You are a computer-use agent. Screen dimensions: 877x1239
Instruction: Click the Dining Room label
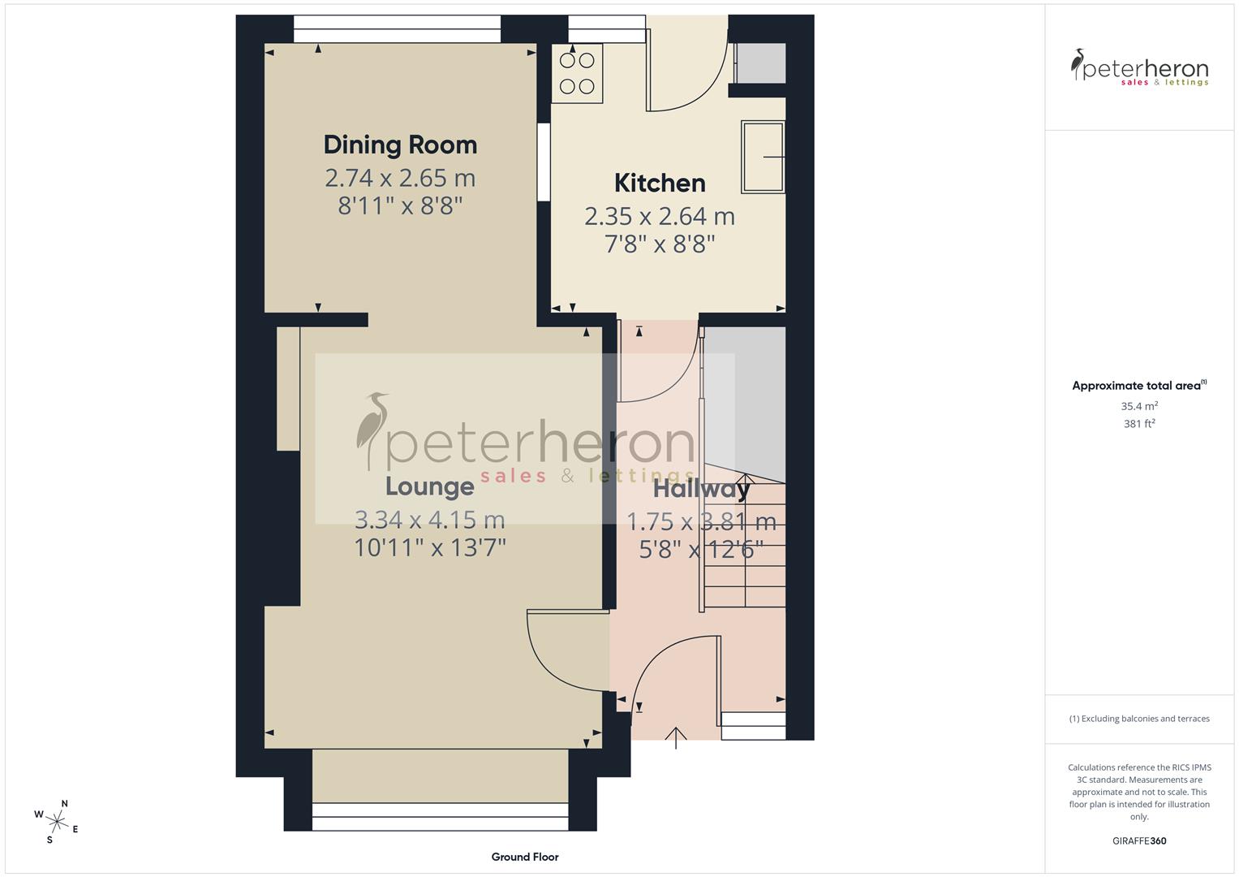click(x=400, y=145)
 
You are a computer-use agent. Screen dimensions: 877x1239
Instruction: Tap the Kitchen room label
click(x=659, y=183)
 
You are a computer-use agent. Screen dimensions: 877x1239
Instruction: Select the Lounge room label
click(x=429, y=486)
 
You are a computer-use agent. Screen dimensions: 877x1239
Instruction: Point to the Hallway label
click(x=701, y=489)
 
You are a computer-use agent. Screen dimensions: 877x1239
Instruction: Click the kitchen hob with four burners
click(x=577, y=73)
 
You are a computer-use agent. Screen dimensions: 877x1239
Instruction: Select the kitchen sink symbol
click(x=763, y=157)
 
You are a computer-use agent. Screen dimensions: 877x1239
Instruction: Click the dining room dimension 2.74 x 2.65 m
click(x=400, y=178)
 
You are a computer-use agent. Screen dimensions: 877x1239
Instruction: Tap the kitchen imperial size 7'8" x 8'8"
click(x=659, y=244)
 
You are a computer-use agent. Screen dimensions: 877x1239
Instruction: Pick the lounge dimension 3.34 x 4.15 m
click(x=429, y=520)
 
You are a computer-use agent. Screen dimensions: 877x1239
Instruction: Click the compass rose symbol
click(x=58, y=820)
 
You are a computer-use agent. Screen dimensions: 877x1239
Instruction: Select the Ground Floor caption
click(x=525, y=857)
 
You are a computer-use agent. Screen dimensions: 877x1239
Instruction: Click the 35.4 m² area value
click(x=1139, y=406)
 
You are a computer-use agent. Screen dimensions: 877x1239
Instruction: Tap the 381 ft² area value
click(x=1139, y=423)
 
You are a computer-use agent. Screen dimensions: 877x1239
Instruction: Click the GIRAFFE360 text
click(x=1139, y=840)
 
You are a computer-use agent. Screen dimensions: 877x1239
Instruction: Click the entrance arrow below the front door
click(x=676, y=737)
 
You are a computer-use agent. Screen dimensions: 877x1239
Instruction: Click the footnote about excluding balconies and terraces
click(x=1139, y=719)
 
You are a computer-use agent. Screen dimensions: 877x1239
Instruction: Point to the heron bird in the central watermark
click(x=372, y=430)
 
